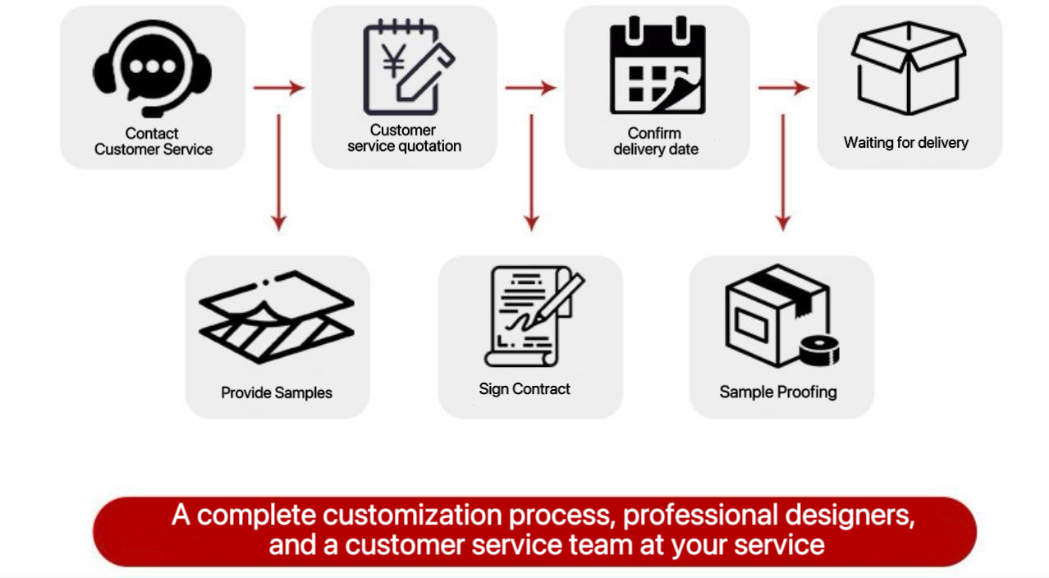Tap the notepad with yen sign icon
pos(408,68)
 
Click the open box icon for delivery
pos(908,67)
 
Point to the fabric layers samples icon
pos(277,317)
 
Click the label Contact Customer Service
pos(153,141)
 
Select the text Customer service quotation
pos(404,138)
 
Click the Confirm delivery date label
pos(656,141)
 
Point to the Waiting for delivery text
pos(906,143)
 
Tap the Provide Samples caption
pos(277,392)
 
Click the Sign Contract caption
pos(524,389)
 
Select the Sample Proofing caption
pos(778,392)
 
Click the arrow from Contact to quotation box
pos(279,87)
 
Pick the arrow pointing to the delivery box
pos(783,87)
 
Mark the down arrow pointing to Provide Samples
pos(279,172)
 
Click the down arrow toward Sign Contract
pos(532,172)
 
